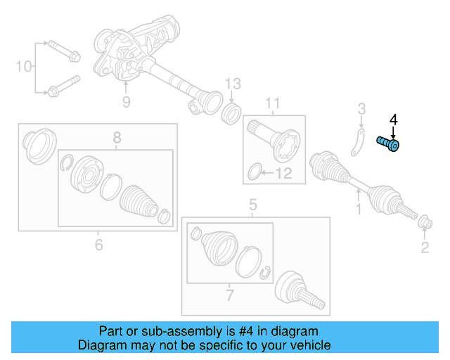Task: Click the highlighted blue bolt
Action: (388, 144)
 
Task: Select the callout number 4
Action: (394, 120)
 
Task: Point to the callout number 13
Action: (233, 84)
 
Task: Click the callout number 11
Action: (271, 105)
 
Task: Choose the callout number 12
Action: (285, 172)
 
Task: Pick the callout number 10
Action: (24, 67)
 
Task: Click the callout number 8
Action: (117, 138)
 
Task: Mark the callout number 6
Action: (98, 244)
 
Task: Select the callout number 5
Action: (253, 205)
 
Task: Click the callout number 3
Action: (361, 109)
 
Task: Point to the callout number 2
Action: (425, 246)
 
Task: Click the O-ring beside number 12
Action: (258, 170)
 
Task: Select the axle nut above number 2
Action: (425, 224)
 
